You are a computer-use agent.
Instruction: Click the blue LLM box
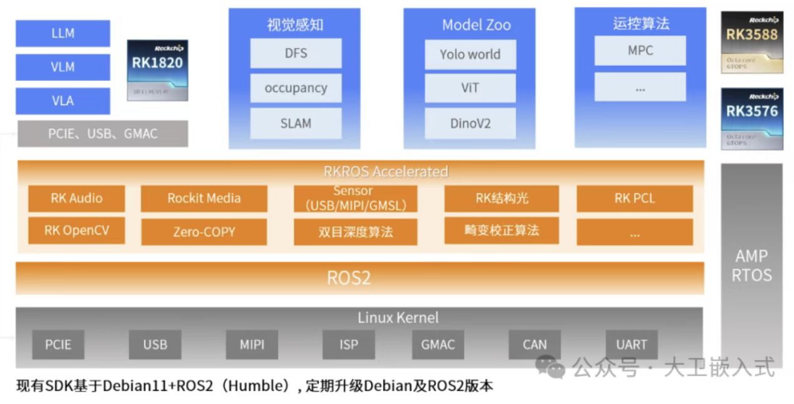63,33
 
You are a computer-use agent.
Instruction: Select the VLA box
63,101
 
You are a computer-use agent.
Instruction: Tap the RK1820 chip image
157,70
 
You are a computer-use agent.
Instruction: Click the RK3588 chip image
751,42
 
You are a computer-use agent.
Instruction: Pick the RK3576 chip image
751,118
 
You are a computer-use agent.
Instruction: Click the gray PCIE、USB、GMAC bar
103,133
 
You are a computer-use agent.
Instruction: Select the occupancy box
296,88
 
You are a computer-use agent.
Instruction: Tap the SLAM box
296,123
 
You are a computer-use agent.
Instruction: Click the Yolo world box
470,54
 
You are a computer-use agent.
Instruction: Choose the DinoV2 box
470,123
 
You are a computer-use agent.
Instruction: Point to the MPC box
640,51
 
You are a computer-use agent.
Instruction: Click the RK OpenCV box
76,230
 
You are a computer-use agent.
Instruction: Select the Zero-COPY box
204,232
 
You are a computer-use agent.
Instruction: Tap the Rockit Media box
204,199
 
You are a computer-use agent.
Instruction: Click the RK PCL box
634,199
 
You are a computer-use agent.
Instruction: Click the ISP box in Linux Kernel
349,344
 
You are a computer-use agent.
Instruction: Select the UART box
631,344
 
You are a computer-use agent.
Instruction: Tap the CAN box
534,344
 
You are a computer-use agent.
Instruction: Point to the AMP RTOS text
751,266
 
